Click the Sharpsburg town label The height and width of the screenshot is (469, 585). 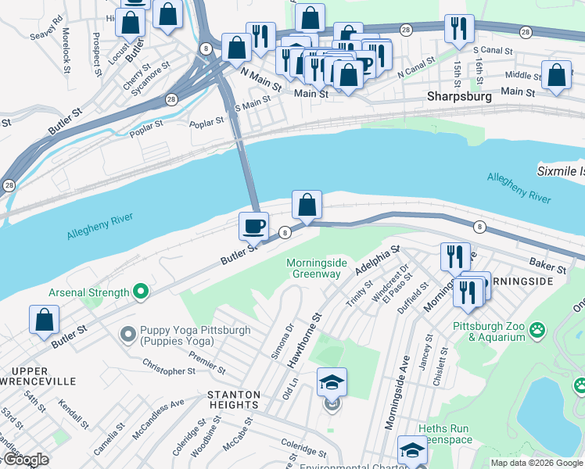[459, 97]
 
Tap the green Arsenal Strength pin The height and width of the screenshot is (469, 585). [141, 292]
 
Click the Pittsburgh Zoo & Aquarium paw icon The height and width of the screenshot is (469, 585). [537, 330]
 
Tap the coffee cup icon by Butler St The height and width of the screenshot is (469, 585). [253, 226]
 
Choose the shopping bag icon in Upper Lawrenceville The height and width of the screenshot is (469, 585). [45, 319]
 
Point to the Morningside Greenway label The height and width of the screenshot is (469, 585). [316, 268]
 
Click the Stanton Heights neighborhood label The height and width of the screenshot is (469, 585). [234, 399]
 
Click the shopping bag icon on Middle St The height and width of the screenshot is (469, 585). [556, 76]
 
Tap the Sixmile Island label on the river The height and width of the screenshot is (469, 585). [560, 170]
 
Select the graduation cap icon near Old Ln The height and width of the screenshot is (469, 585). [332, 382]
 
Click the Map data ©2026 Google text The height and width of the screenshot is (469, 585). [536, 463]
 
